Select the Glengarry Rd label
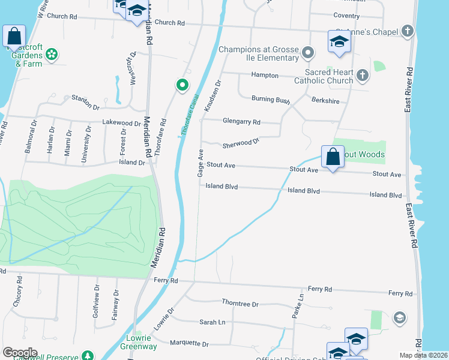(241, 122)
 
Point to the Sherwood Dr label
(240, 143)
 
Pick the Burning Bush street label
(271, 99)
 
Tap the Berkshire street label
(326, 102)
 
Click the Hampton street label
(265, 76)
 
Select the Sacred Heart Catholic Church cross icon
(362, 75)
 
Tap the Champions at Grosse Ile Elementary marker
(308, 53)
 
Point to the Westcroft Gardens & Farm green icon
(51, 54)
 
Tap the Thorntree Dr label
(240, 304)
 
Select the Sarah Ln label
(212, 322)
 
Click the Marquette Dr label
(188, 344)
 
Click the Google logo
(20, 353)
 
